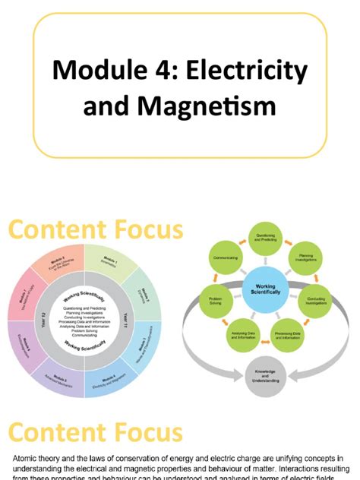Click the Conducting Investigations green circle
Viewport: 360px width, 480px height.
[314, 300]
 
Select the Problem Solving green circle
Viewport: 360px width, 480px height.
[216, 300]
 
